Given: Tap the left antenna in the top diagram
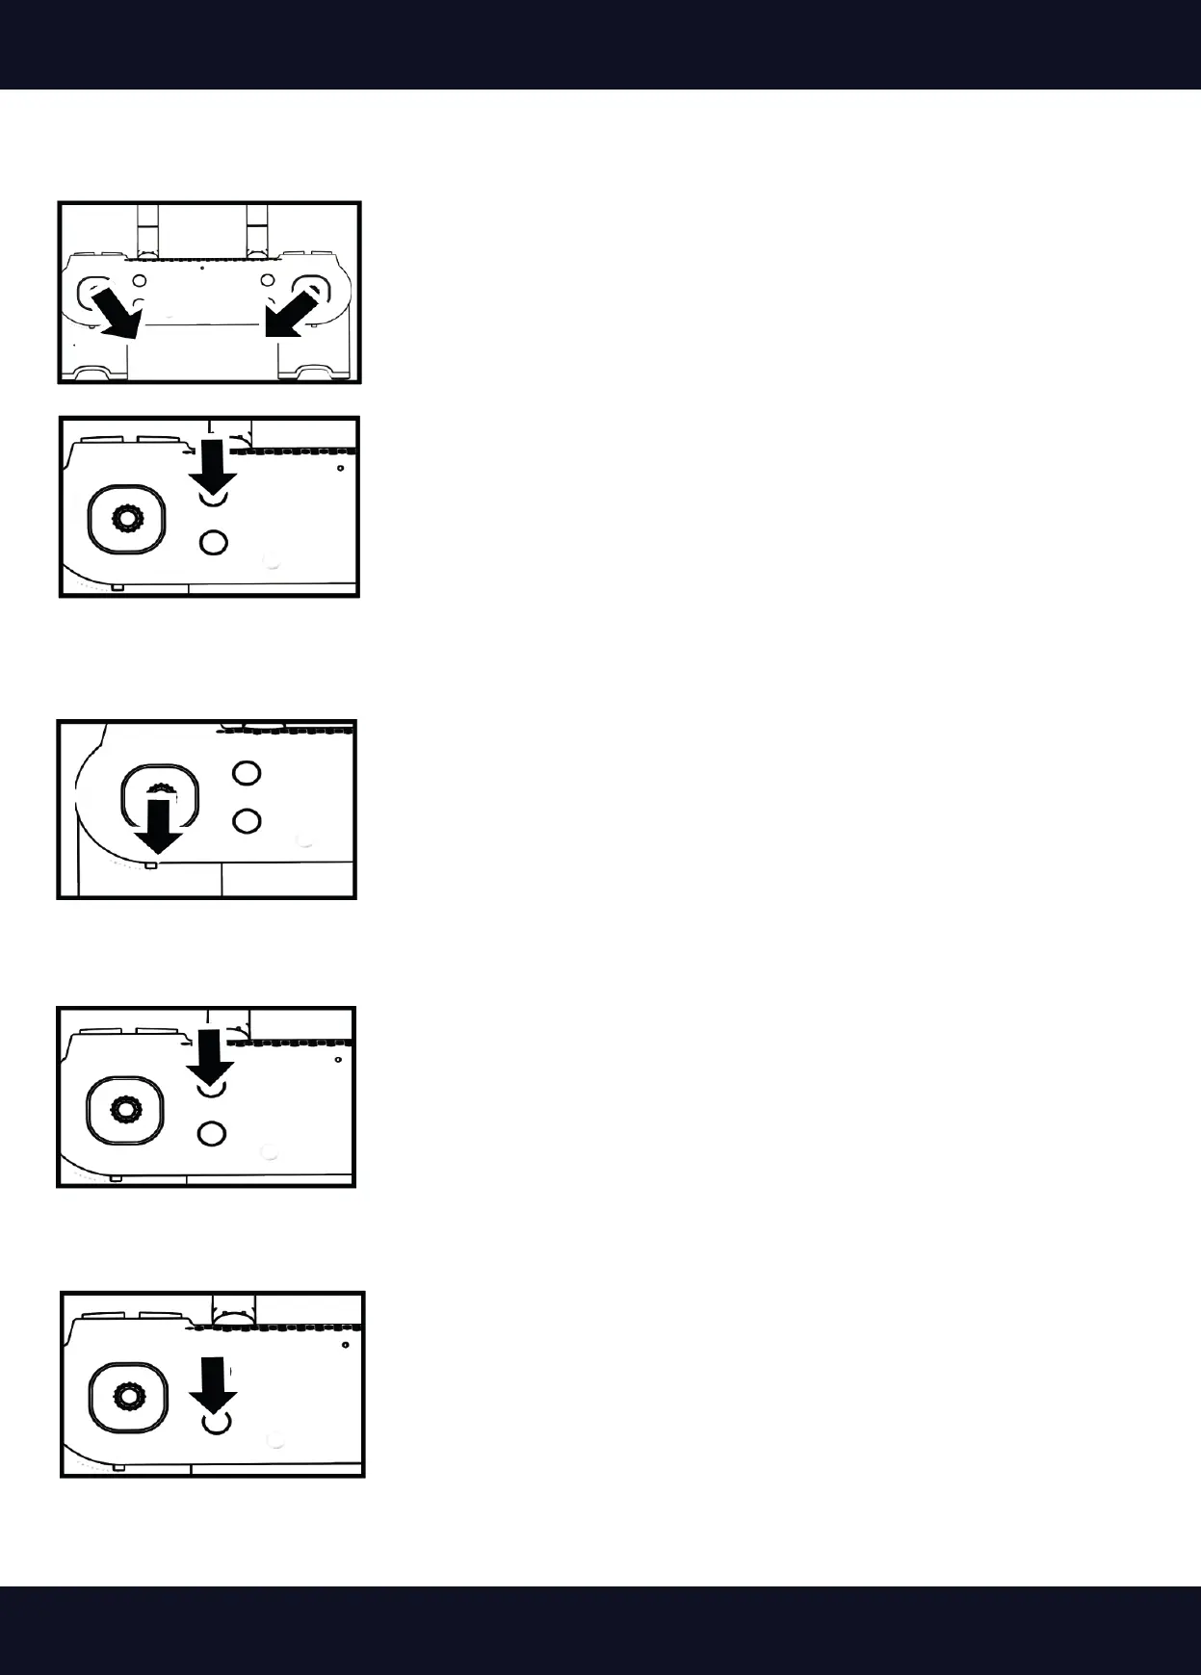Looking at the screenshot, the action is coord(145,229).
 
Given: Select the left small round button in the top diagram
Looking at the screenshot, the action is coord(140,281).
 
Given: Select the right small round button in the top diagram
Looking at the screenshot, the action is coord(269,281).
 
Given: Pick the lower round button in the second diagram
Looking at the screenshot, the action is coord(213,543).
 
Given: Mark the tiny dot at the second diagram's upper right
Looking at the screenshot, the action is coord(342,468).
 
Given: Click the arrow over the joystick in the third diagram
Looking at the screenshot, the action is coord(159,824).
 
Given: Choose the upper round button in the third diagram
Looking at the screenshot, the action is coord(248,773).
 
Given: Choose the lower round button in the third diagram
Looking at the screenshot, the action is coord(248,820).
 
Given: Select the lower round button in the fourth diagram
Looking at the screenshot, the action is coord(211,1133).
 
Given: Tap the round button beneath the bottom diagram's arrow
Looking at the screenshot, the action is coord(216,1423).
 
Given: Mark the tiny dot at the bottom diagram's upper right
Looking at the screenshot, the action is coord(345,1344).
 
